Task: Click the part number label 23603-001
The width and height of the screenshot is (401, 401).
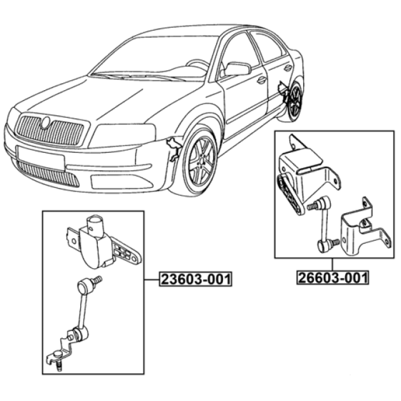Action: pyautogui.click(x=195, y=279)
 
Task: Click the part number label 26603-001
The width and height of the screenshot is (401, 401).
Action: pyautogui.click(x=333, y=277)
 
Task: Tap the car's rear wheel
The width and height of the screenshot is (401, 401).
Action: pyautogui.click(x=296, y=102)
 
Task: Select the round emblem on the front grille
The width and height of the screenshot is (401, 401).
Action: pyautogui.click(x=46, y=122)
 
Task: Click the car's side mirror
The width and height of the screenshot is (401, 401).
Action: pyautogui.click(x=237, y=69)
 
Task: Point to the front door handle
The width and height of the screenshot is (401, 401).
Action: pyautogui.click(x=262, y=80)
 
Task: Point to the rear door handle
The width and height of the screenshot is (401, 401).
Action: pyautogui.click(x=288, y=68)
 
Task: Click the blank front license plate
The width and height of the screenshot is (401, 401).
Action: pyautogui.click(x=41, y=158)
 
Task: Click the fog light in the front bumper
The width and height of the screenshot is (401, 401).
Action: pyautogui.click(x=121, y=182)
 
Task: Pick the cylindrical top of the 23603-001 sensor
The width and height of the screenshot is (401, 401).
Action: pyautogui.click(x=95, y=224)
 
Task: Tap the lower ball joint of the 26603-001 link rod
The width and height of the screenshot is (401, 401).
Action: pyautogui.click(x=323, y=246)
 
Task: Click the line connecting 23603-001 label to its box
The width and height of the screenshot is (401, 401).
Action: pyautogui.click(x=152, y=280)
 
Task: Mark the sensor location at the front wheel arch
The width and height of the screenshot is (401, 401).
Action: pyautogui.click(x=174, y=149)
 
